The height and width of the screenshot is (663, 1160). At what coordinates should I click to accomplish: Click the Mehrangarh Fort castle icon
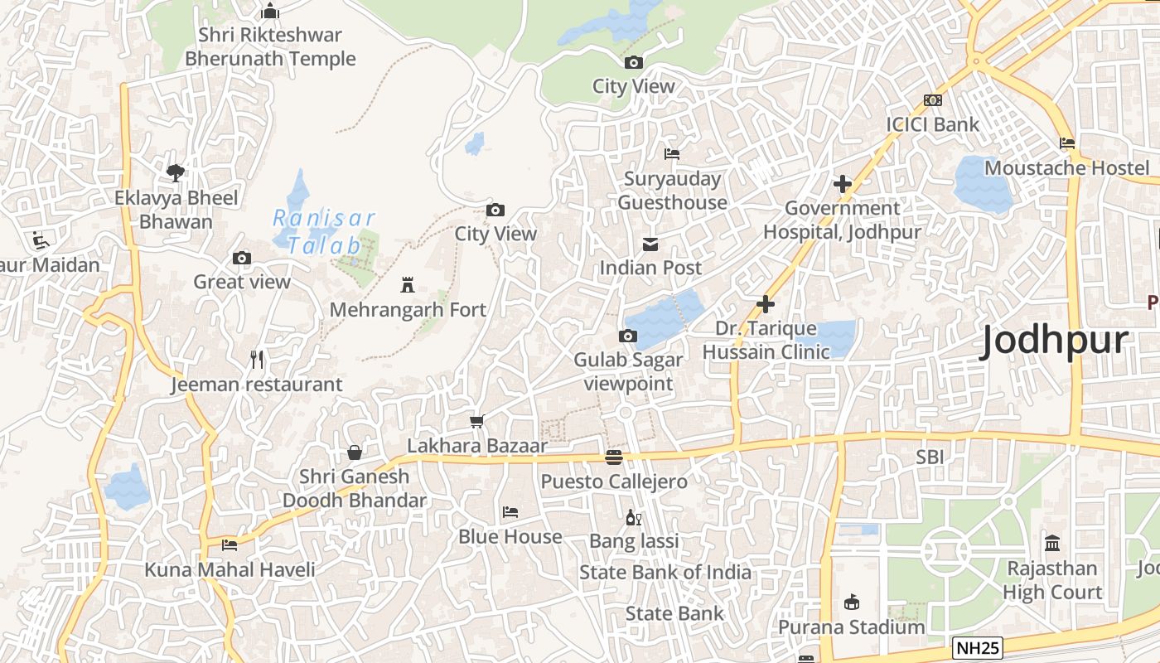tap(407, 285)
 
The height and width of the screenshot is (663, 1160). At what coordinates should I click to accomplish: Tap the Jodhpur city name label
tap(1054, 341)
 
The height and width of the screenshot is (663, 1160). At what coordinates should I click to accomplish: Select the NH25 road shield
tap(978, 648)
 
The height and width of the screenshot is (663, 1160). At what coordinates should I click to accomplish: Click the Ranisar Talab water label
tap(324, 232)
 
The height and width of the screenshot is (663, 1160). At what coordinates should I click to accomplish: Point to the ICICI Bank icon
tap(933, 100)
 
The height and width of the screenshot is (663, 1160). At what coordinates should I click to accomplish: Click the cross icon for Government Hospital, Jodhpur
tap(843, 184)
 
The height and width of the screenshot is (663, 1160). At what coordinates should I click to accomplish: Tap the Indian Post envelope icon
tap(650, 244)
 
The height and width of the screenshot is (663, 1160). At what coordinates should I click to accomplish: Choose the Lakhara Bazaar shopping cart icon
tap(477, 422)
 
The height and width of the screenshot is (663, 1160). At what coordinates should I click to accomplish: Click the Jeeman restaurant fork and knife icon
tap(257, 360)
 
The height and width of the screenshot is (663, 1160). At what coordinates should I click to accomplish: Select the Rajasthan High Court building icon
tap(1052, 544)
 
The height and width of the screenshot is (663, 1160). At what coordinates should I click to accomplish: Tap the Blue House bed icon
tap(510, 512)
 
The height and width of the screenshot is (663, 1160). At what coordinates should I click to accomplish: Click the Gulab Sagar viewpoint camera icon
tap(628, 336)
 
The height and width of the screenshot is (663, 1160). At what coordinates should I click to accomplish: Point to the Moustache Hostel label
tap(1067, 168)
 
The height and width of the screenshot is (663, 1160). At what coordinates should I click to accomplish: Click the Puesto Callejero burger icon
tap(614, 457)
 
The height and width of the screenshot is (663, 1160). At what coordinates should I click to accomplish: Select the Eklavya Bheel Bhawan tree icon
tap(176, 172)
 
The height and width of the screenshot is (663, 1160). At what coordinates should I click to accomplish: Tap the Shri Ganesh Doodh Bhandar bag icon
tap(355, 452)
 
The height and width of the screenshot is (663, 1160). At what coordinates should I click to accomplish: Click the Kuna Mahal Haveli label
tap(230, 570)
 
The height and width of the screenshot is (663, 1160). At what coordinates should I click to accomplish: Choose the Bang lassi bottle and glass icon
tap(634, 518)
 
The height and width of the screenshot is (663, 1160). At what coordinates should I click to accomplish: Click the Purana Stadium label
tap(851, 627)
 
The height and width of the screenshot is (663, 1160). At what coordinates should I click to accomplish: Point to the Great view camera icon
tap(242, 258)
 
